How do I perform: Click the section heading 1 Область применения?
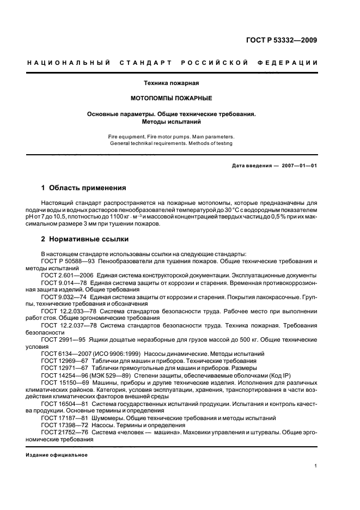coord(84,187)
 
